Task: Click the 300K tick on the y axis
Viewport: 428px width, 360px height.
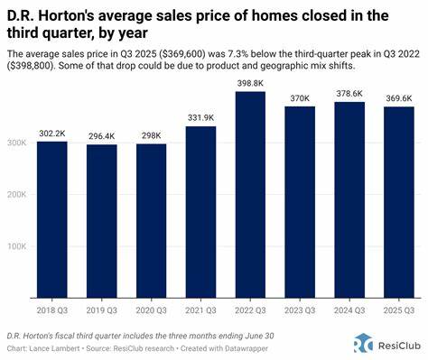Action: click(18, 142)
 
